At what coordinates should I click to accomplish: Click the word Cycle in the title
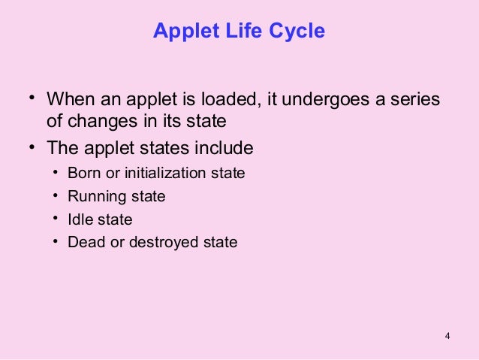coord(298,31)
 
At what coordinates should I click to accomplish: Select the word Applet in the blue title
coord(183,31)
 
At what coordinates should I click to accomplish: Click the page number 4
coord(447,334)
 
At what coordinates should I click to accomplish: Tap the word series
coord(416,99)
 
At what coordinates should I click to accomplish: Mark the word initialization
coord(164,173)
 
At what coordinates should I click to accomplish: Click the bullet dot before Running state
coord(56,195)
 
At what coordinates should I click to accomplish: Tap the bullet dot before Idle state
coord(56,219)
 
